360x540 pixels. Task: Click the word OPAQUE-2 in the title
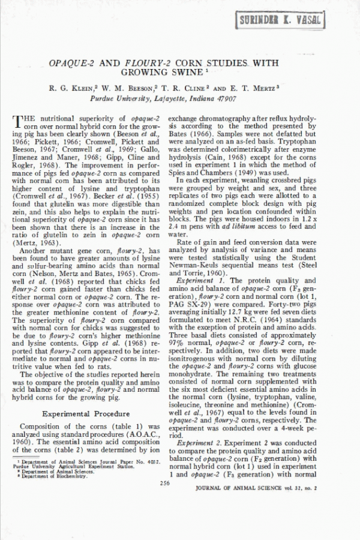(71, 62)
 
